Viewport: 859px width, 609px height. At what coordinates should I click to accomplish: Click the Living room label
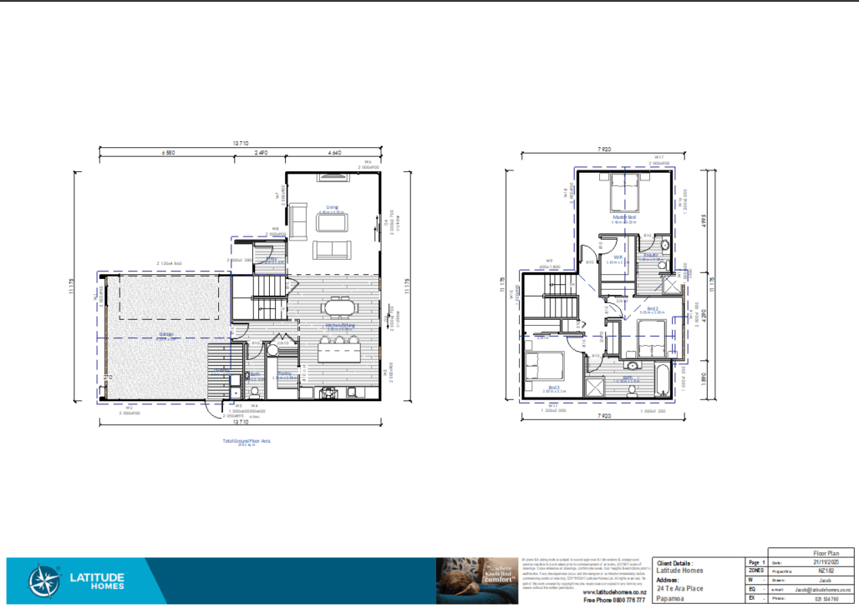point(332,206)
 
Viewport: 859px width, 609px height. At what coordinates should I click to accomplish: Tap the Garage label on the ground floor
point(165,334)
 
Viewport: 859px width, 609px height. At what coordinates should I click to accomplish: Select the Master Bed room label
point(624,216)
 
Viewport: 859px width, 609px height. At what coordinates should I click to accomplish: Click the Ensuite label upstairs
point(652,255)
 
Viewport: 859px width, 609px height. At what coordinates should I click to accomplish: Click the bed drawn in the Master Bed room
point(624,195)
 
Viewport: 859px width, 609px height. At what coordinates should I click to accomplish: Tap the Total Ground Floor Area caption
point(247,439)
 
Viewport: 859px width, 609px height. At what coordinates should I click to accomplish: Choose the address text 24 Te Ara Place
point(679,588)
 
